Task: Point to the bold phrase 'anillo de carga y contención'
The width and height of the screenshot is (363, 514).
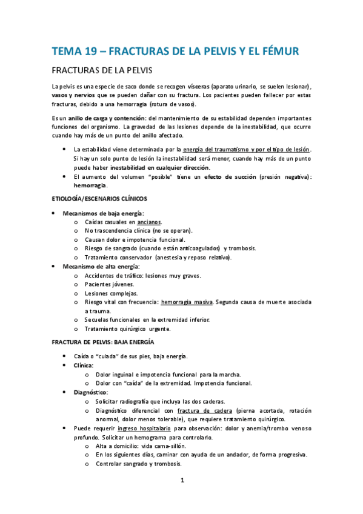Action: [x=106, y=117]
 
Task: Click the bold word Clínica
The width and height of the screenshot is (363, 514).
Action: [x=84, y=366]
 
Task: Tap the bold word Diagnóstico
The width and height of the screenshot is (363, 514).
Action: [x=90, y=393]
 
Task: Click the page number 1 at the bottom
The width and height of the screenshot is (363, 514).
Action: [x=182, y=481]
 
